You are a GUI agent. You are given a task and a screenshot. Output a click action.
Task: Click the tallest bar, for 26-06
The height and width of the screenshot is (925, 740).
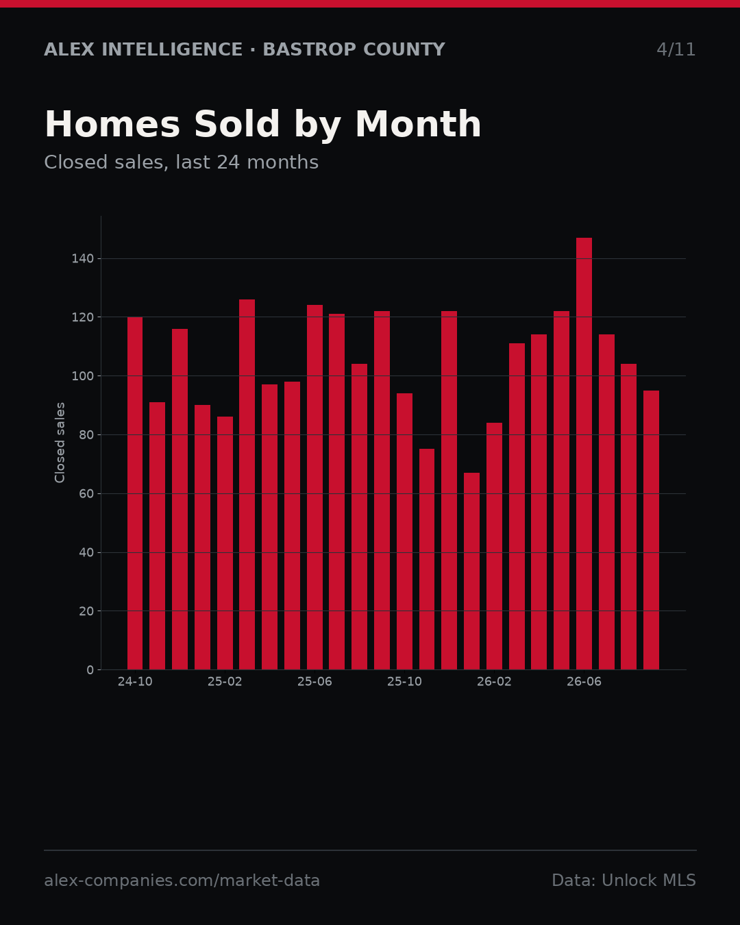[x=584, y=454]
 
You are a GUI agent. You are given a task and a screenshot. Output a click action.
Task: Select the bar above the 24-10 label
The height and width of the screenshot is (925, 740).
[x=135, y=493]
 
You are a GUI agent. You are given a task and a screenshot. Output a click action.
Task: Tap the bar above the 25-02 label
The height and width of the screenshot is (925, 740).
[x=225, y=543]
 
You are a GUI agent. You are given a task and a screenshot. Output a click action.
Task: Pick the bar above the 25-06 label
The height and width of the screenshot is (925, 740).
[x=314, y=487]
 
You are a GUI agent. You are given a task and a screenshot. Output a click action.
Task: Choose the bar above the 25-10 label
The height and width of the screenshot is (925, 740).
[x=405, y=531]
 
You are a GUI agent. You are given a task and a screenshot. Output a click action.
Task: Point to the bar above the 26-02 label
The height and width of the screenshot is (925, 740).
[x=495, y=546]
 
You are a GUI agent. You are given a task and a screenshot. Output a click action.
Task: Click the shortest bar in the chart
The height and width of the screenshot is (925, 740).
[x=471, y=571]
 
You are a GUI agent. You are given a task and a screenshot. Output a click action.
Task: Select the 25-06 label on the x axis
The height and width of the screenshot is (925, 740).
[x=314, y=682]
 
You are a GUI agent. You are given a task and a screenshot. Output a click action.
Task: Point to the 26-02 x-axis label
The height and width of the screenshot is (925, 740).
[x=495, y=682]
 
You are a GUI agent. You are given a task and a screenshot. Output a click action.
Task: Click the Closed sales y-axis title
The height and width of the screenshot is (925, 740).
[x=60, y=443]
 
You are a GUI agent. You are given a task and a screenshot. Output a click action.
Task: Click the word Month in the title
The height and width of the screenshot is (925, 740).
[x=419, y=124]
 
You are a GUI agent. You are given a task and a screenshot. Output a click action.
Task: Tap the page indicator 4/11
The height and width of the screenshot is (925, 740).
[x=676, y=49]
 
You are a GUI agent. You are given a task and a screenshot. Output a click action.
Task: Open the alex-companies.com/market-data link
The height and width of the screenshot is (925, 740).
[x=182, y=880]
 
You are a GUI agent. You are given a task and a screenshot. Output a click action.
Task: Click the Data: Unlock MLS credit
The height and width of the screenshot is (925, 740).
[x=624, y=880]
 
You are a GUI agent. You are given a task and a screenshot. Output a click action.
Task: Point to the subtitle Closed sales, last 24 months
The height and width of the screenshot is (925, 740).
[x=182, y=162]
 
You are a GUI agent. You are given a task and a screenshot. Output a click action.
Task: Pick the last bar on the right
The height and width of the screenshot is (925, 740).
[x=652, y=530]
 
